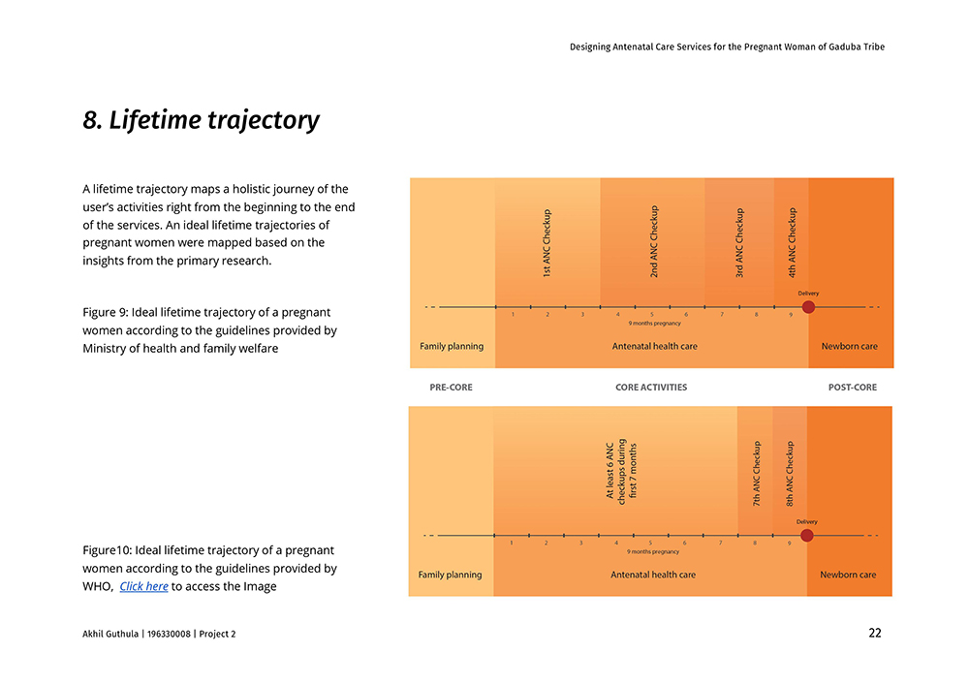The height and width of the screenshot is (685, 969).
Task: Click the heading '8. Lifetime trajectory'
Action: (x=201, y=120)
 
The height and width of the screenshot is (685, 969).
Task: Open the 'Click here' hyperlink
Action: (x=143, y=586)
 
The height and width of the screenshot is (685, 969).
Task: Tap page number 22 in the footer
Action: (x=874, y=634)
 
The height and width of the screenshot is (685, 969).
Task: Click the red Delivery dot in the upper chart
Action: (x=808, y=307)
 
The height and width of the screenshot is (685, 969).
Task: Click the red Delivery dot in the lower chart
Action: (x=806, y=535)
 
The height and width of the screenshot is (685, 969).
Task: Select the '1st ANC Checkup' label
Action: (x=547, y=244)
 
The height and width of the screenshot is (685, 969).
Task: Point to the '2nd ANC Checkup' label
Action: (x=654, y=242)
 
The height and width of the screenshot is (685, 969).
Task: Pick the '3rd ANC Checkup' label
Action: (x=739, y=243)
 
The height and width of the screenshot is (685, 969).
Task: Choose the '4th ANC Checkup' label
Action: (x=792, y=243)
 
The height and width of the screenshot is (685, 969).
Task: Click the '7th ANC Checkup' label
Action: (x=756, y=474)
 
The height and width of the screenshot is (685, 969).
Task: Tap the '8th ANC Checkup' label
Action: (x=790, y=474)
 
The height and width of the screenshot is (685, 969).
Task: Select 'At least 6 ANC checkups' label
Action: (x=621, y=469)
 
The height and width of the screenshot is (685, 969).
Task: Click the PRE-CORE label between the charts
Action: (x=451, y=388)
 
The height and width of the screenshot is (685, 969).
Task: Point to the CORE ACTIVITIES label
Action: (x=651, y=388)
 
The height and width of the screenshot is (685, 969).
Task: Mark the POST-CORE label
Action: (x=852, y=388)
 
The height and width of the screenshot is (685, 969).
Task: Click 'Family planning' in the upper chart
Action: (x=452, y=346)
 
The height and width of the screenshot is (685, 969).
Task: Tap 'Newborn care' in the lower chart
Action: (x=848, y=575)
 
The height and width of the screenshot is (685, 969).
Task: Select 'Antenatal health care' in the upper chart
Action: (x=654, y=346)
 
